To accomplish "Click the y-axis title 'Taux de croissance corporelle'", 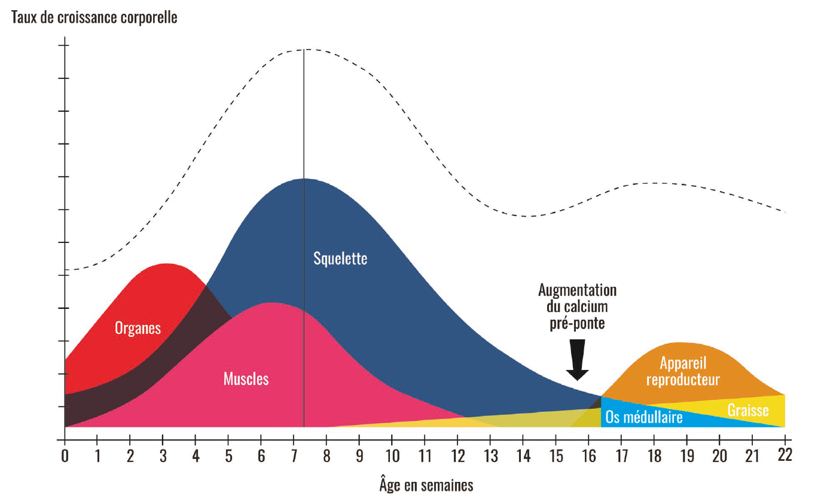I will tap(94, 17).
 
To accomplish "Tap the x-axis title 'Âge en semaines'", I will tap(426, 484).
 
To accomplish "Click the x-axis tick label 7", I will tap(294, 456).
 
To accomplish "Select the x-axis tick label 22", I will tap(785, 456).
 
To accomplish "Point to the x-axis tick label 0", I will tap(65, 456).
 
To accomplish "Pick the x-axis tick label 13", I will tap(490, 456).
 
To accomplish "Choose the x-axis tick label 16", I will tap(588, 456).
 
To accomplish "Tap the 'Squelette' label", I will tap(340, 259).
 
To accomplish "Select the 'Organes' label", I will tap(138, 328).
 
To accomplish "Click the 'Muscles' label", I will tap(246, 379).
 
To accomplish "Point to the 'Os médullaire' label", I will tap(643, 417).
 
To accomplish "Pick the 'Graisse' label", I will tap(748, 411).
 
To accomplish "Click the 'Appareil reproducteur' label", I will tap(683, 371).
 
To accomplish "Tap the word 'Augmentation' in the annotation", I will tap(577, 291).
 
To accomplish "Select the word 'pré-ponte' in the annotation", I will tap(577, 324).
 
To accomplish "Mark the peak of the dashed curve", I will tap(304, 49).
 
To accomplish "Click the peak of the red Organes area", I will tap(166, 264).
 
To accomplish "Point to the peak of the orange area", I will tap(679, 343).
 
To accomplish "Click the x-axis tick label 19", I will tap(686, 456).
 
